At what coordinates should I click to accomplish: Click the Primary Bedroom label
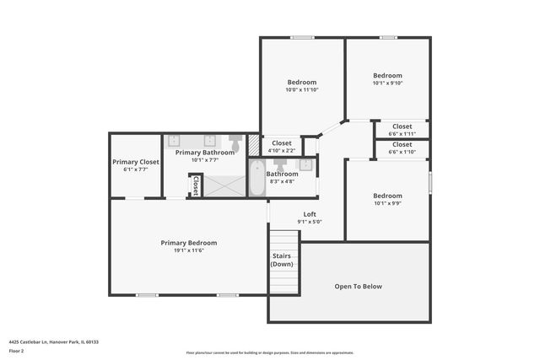(x=189, y=243)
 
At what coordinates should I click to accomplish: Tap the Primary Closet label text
(x=135, y=162)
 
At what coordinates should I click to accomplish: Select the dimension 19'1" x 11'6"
(x=189, y=250)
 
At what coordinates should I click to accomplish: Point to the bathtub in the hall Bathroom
(x=256, y=178)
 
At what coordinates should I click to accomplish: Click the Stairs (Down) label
(x=283, y=260)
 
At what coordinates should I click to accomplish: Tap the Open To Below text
(x=359, y=287)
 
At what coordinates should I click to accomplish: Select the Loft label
(x=310, y=214)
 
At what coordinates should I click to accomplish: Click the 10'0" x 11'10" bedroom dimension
(x=301, y=89)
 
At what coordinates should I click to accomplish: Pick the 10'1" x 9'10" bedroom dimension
(x=388, y=83)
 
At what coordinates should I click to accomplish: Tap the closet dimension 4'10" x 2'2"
(x=281, y=150)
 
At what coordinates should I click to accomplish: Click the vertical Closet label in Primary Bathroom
(x=196, y=185)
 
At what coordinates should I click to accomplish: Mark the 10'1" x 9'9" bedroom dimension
(x=388, y=202)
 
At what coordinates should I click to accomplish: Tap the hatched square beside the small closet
(x=255, y=146)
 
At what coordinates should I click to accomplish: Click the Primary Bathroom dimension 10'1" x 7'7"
(x=192, y=159)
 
